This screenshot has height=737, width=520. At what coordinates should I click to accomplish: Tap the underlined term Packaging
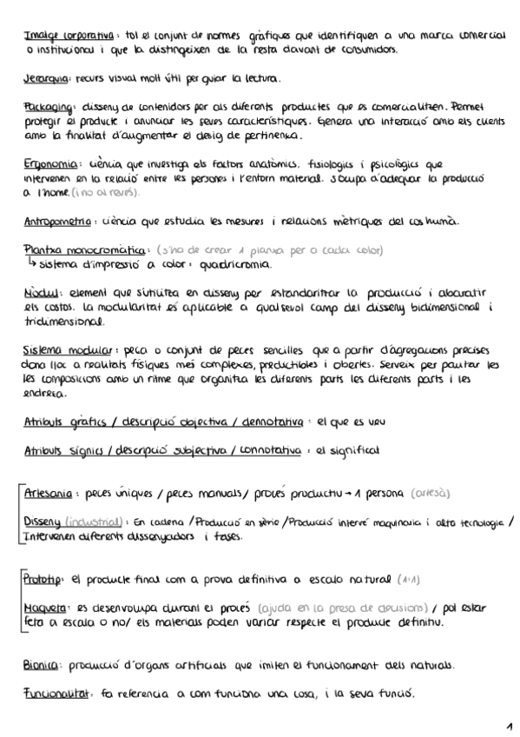point(48,106)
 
